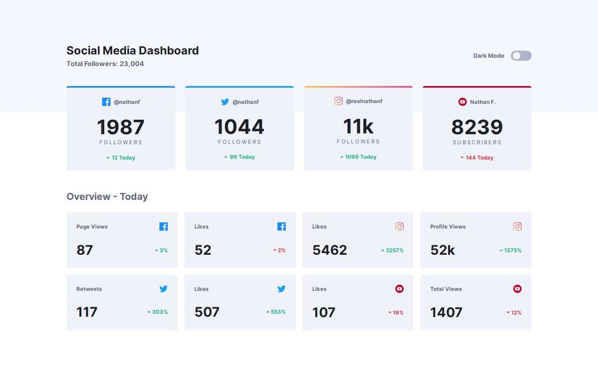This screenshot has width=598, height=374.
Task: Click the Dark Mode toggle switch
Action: pyautogui.click(x=520, y=56)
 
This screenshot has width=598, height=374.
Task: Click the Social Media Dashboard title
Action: pyautogui.click(x=132, y=50)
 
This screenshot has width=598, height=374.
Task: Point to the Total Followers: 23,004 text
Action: pyautogui.click(x=105, y=64)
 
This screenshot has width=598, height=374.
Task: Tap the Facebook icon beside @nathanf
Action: pyautogui.click(x=106, y=102)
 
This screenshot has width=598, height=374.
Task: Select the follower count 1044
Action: pyautogui.click(x=239, y=127)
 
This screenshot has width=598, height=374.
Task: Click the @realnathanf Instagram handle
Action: pyautogui.click(x=364, y=101)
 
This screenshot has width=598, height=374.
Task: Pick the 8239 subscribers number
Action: pyautogui.click(x=477, y=127)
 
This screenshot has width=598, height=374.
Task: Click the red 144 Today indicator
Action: pyautogui.click(x=477, y=158)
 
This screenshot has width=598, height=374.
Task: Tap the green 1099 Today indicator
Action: pyautogui.click(x=358, y=157)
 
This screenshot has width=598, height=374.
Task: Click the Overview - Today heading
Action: pyautogui.click(x=107, y=197)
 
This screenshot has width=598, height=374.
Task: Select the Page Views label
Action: pyautogui.click(x=92, y=227)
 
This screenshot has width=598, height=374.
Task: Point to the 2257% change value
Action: pyautogui.click(x=393, y=250)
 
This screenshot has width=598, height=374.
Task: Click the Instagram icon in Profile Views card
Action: pyautogui.click(x=517, y=227)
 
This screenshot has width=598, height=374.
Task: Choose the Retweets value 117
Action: pyautogui.click(x=87, y=312)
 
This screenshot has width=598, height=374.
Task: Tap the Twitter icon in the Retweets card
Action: pyautogui.click(x=163, y=289)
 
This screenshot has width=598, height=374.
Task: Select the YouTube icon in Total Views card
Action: pyautogui.click(x=517, y=289)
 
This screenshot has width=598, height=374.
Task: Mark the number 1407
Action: pyautogui.click(x=446, y=313)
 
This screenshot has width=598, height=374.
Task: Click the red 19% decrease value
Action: pyautogui.click(x=396, y=313)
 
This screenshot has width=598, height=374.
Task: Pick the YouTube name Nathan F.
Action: pyautogui.click(x=482, y=102)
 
